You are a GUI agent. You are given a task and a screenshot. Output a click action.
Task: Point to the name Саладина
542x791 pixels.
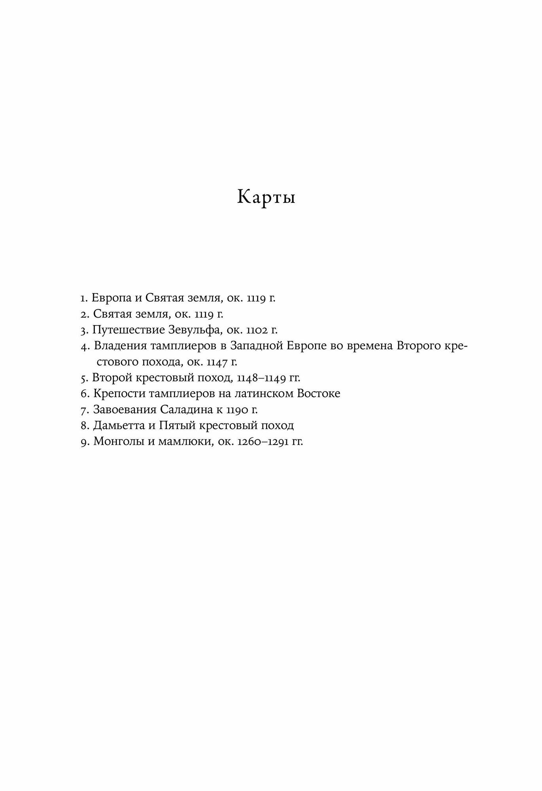(x=186, y=410)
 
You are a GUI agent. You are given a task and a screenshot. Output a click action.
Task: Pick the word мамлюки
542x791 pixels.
(x=178, y=442)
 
